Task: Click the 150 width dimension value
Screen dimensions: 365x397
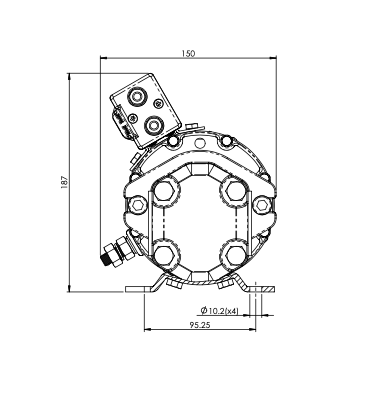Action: pyautogui.click(x=188, y=53)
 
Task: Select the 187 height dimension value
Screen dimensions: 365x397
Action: pyautogui.click(x=64, y=182)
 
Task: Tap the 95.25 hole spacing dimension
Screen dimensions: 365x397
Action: pyautogui.click(x=200, y=325)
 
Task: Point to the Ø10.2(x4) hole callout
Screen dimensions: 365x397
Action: pyautogui.click(x=220, y=311)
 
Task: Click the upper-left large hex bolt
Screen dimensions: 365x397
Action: pyautogui.click(x=165, y=189)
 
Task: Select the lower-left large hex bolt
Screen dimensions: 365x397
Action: pyautogui.click(x=165, y=255)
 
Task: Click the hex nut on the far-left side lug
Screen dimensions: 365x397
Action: pyautogui.click(x=137, y=205)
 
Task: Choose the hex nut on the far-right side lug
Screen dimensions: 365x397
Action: pyautogui.click(x=263, y=205)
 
